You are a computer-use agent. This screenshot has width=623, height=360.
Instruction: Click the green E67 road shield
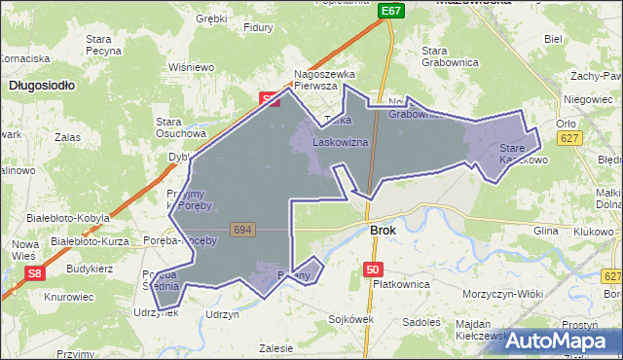click(x=391, y=10)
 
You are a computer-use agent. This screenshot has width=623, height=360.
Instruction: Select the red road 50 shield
click(x=373, y=269)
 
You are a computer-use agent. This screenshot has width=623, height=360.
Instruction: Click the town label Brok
click(x=384, y=231)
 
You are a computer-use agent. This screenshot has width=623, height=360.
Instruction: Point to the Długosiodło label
click(x=42, y=86)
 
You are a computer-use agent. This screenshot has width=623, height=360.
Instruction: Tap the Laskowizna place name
click(x=340, y=142)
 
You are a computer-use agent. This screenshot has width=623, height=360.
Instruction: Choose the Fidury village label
click(x=259, y=27)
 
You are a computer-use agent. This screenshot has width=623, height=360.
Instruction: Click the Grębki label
click(x=211, y=18)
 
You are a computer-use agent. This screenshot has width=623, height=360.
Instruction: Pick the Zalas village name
click(x=68, y=138)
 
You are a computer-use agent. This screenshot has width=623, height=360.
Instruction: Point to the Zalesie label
click(x=277, y=346)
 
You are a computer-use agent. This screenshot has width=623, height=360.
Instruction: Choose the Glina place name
click(x=545, y=231)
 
